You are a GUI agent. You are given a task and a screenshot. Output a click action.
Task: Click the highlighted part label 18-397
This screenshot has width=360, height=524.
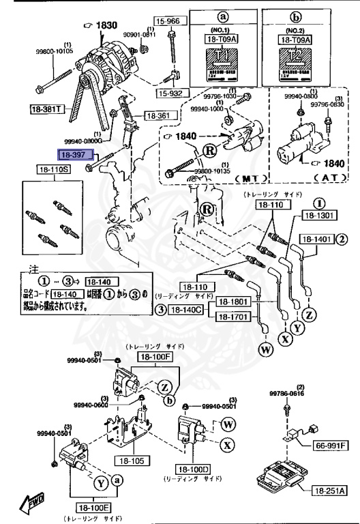pos(74,156)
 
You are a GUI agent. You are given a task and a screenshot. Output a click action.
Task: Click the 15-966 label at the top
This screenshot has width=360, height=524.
pos(167,21)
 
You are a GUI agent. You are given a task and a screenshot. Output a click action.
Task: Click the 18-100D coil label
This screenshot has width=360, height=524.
pos(196,469)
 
